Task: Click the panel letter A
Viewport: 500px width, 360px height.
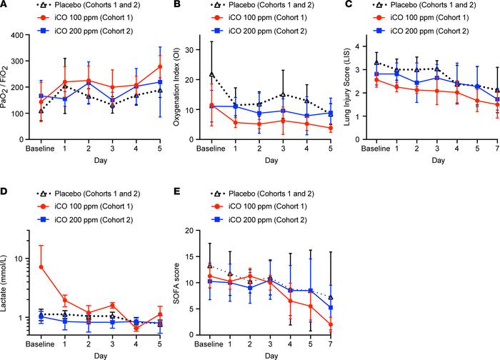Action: click(x=6, y=6)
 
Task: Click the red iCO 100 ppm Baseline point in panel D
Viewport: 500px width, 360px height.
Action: click(x=41, y=267)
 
